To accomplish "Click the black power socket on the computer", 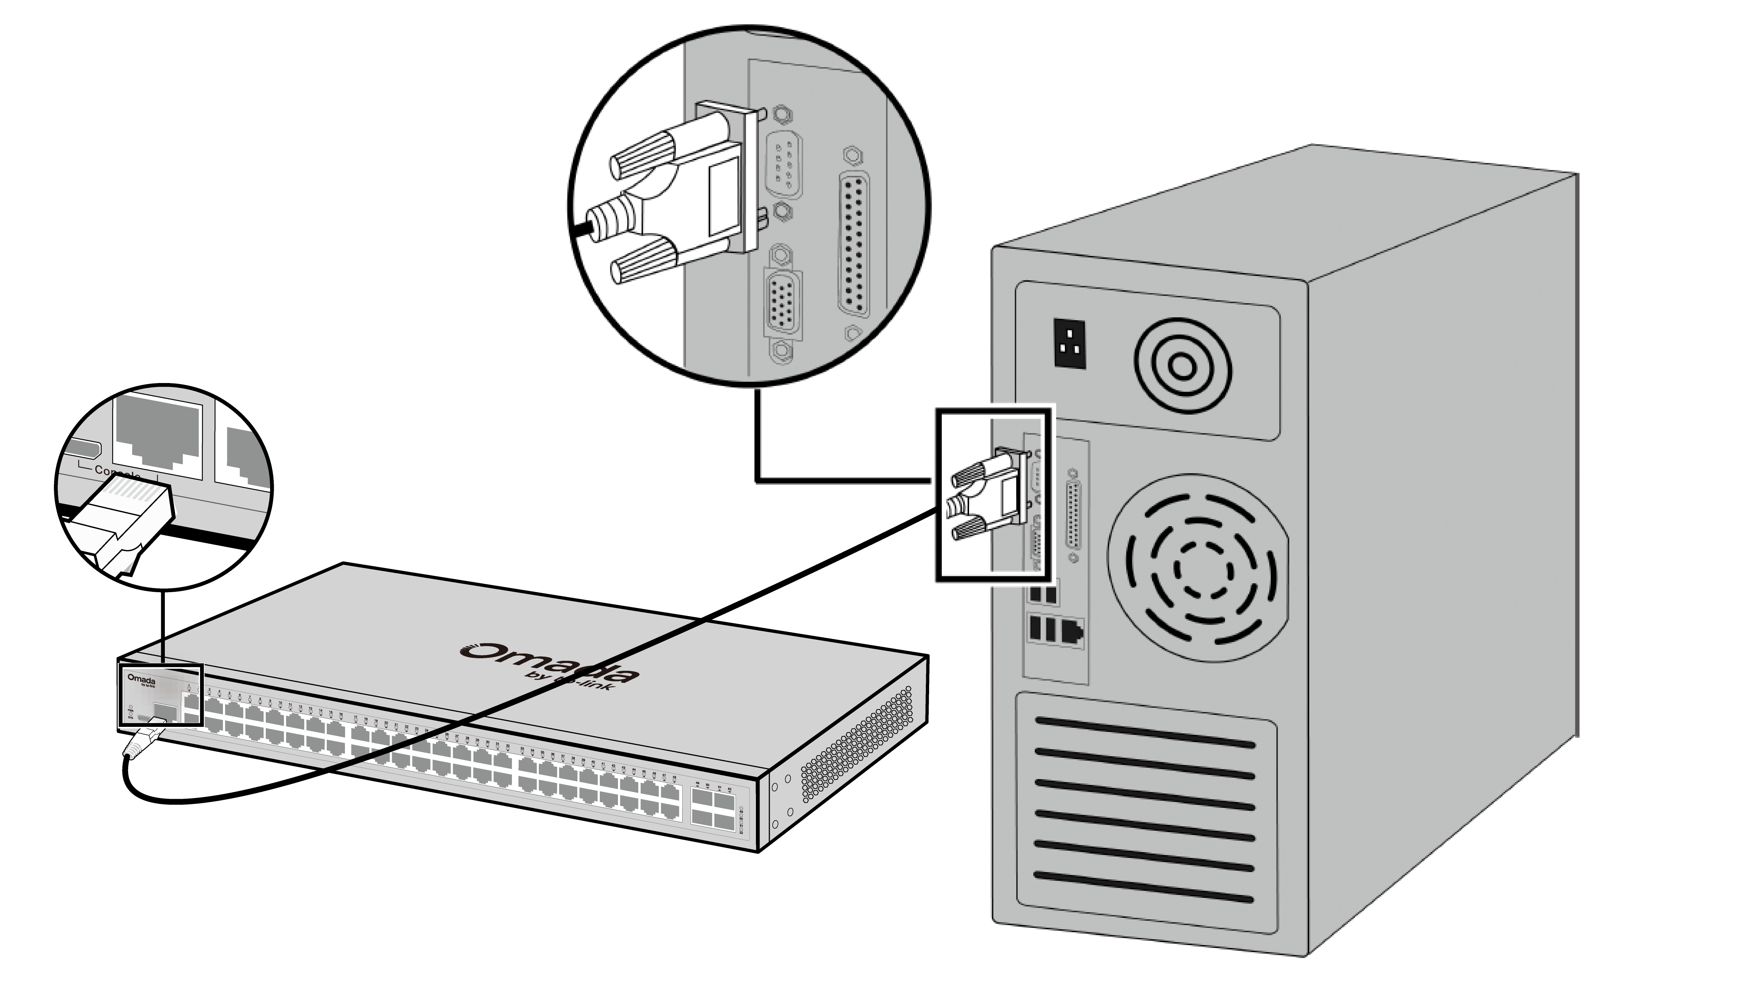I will click(x=1069, y=343).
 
